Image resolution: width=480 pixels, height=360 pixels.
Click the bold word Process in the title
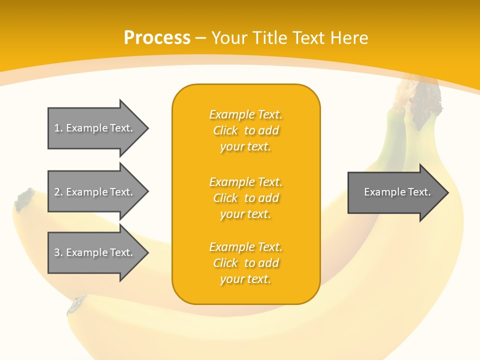coord(157,38)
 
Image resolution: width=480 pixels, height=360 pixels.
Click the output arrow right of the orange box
coord(397,192)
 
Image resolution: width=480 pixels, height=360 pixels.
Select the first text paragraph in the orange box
coord(245,130)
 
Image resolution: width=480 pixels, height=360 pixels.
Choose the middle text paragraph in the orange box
coord(245,198)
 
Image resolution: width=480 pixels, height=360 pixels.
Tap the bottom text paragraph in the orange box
coord(245,263)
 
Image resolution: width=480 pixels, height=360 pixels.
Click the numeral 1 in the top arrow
coord(57,128)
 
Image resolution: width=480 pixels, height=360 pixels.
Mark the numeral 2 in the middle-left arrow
coord(57,192)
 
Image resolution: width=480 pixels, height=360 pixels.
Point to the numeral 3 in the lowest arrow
coord(57,252)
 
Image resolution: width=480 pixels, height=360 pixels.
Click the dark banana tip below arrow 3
coord(76,303)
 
